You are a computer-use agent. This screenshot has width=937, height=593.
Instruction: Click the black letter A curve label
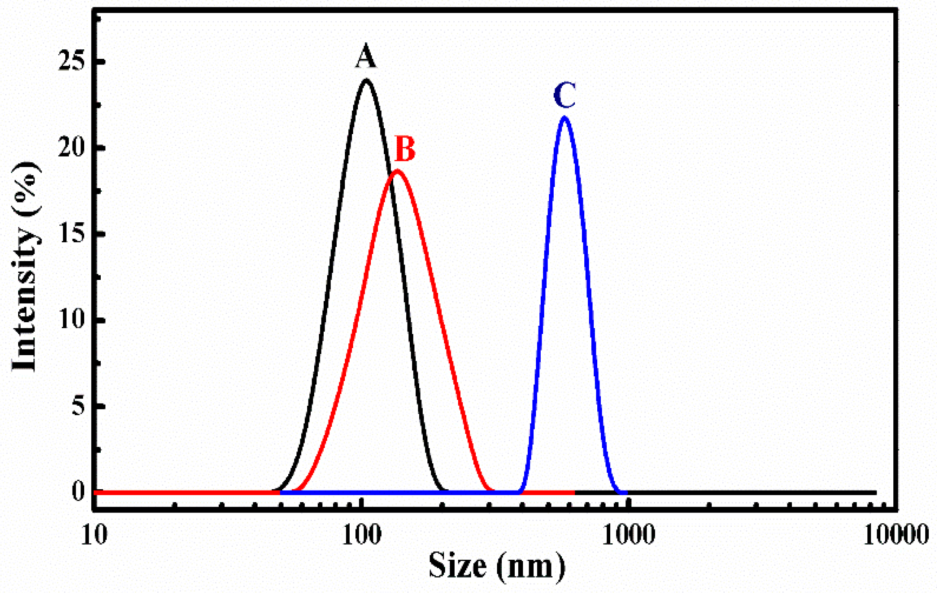pyautogui.click(x=366, y=56)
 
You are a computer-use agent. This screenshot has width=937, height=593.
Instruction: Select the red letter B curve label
pyautogui.click(x=405, y=149)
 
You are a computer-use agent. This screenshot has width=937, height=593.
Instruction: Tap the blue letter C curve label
pyautogui.click(x=564, y=96)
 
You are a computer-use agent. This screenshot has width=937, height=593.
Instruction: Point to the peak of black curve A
pyautogui.click(x=367, y=80)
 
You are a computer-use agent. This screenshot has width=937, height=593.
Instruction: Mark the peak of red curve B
pyautogui.click(x=397, y=171)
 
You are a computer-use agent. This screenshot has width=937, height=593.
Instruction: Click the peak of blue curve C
pyautogui.click(x=564, y=118)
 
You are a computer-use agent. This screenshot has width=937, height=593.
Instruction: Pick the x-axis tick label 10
pyautogui.click(x=94, y=535)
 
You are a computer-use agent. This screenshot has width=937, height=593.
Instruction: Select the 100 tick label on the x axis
pyautogui.click(x=362, y=535)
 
